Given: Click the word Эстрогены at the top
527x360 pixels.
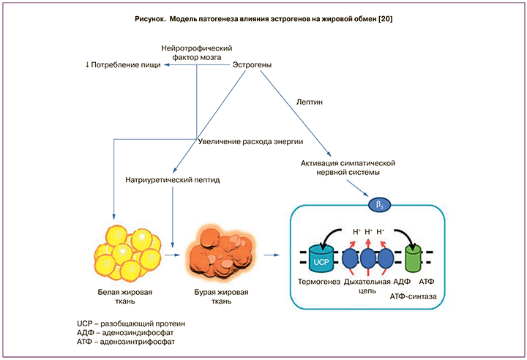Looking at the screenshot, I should [253, 66].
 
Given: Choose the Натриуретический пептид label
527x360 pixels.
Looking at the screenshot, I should [173, 179].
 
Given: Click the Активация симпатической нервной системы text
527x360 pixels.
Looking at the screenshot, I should [348, 168].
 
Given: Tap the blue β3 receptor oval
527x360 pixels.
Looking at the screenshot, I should [380, 204].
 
